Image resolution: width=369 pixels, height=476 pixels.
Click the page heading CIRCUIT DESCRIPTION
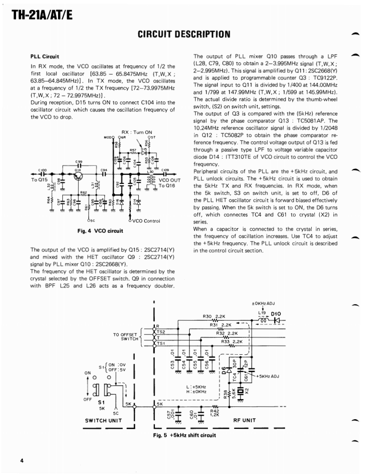184,34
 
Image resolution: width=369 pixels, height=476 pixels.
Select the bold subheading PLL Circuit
45,56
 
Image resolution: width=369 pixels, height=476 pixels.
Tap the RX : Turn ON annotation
137,132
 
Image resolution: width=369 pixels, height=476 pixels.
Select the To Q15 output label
38,180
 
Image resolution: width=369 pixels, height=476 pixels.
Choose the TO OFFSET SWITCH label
126,336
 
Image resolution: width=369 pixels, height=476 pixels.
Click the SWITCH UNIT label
103,420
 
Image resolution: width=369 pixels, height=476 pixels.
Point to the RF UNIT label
245,420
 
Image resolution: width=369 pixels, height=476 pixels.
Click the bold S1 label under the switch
101,402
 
